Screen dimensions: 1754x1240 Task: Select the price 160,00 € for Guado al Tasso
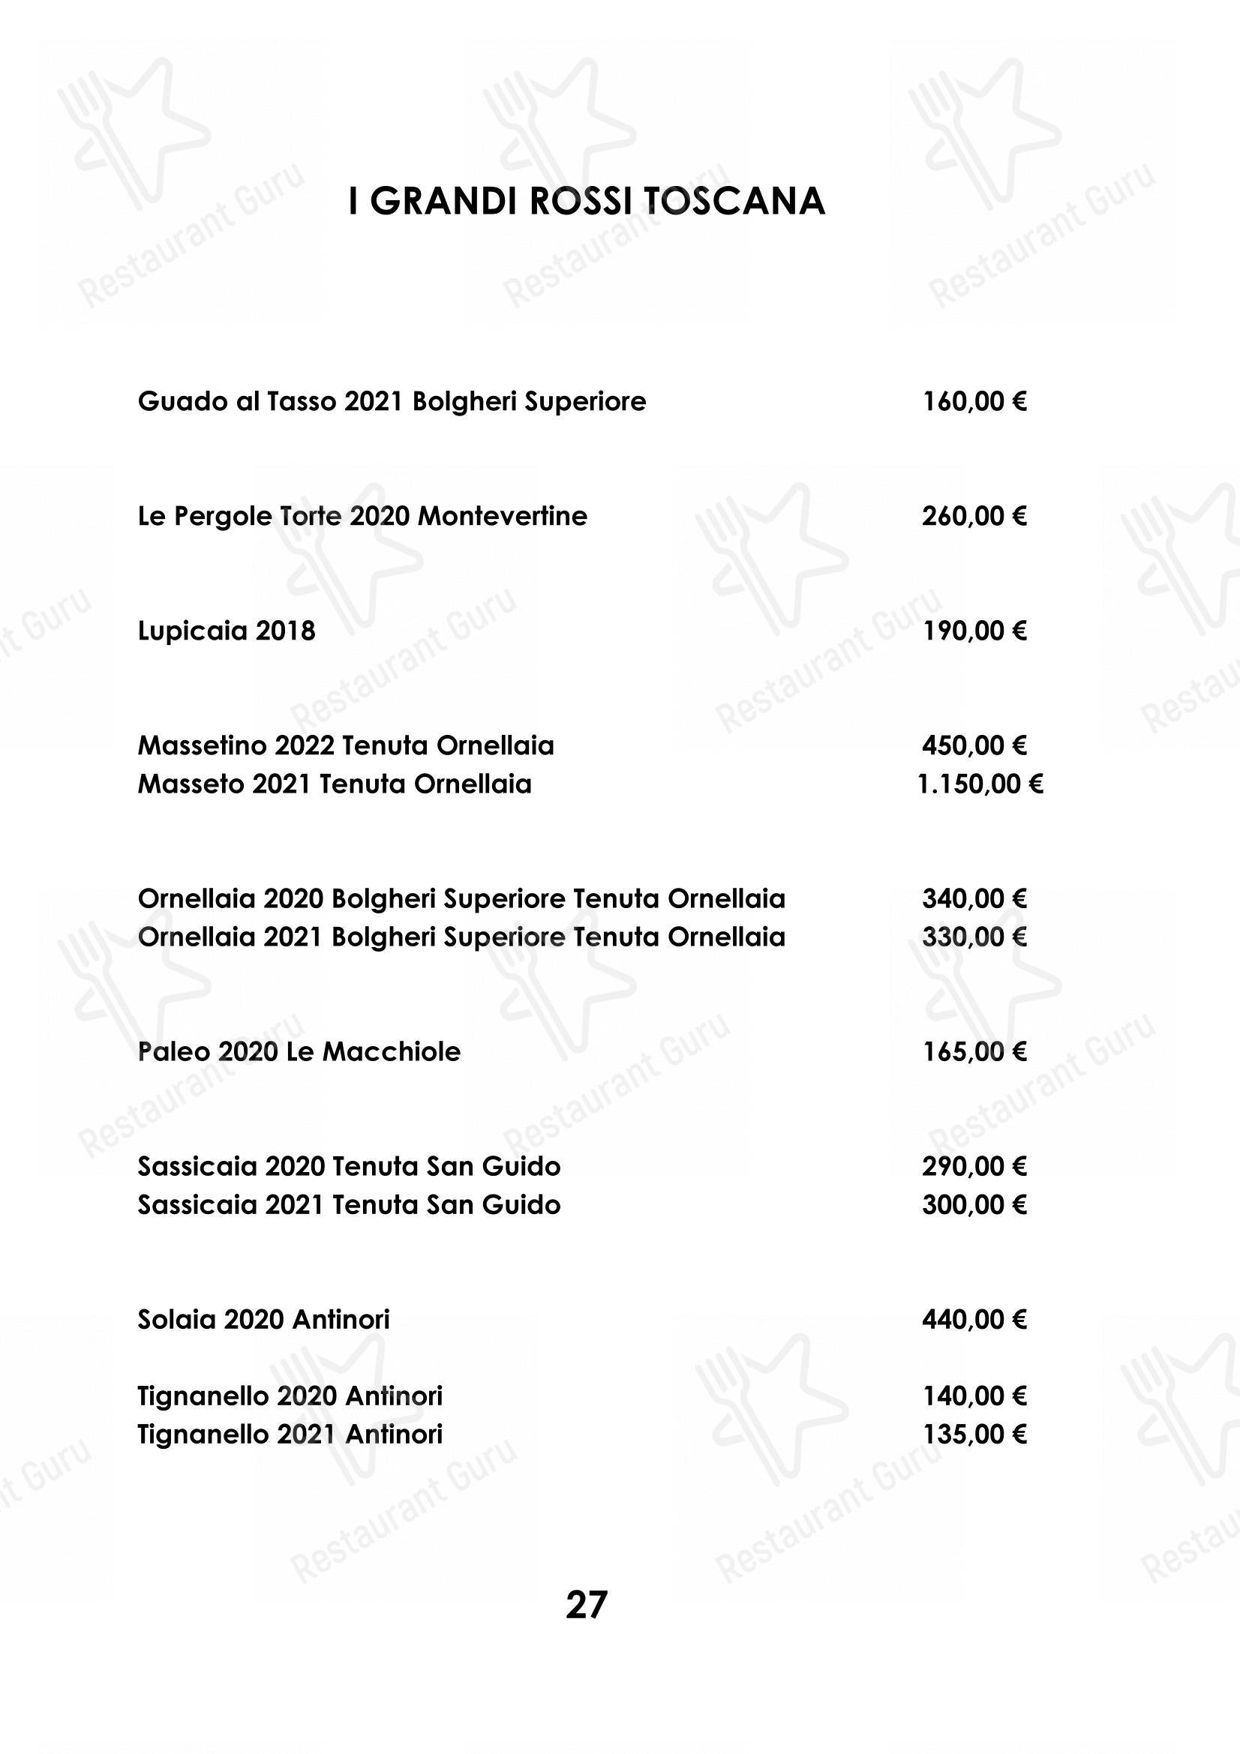tap(974, 401)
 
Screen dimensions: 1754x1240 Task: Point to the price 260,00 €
tap(974, 517)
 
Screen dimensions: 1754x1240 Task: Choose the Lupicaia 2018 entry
tap(226, 631)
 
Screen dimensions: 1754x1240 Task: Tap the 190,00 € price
tap(974, 631)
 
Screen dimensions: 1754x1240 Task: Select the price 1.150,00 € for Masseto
tap(980, 784)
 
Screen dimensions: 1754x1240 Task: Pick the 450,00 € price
tap(974, 745)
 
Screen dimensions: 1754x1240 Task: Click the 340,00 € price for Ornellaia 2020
tap(974, 898)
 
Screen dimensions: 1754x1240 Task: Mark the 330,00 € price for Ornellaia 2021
tap(974, 937)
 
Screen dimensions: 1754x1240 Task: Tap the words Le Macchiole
tap(374, 1052)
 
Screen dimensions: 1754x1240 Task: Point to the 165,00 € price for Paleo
tap(974, 1052)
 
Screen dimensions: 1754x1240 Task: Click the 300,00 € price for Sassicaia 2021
tap(974, 1205)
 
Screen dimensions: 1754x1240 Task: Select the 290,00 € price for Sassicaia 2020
tap(974, 1167)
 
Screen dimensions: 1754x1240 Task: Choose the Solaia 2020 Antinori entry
tap(263, 1319)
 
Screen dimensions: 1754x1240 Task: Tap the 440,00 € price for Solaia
tap(974, 1319)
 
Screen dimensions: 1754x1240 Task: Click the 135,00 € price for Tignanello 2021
tap(974, 1434)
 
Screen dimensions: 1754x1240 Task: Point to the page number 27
tap(586, 1605)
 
